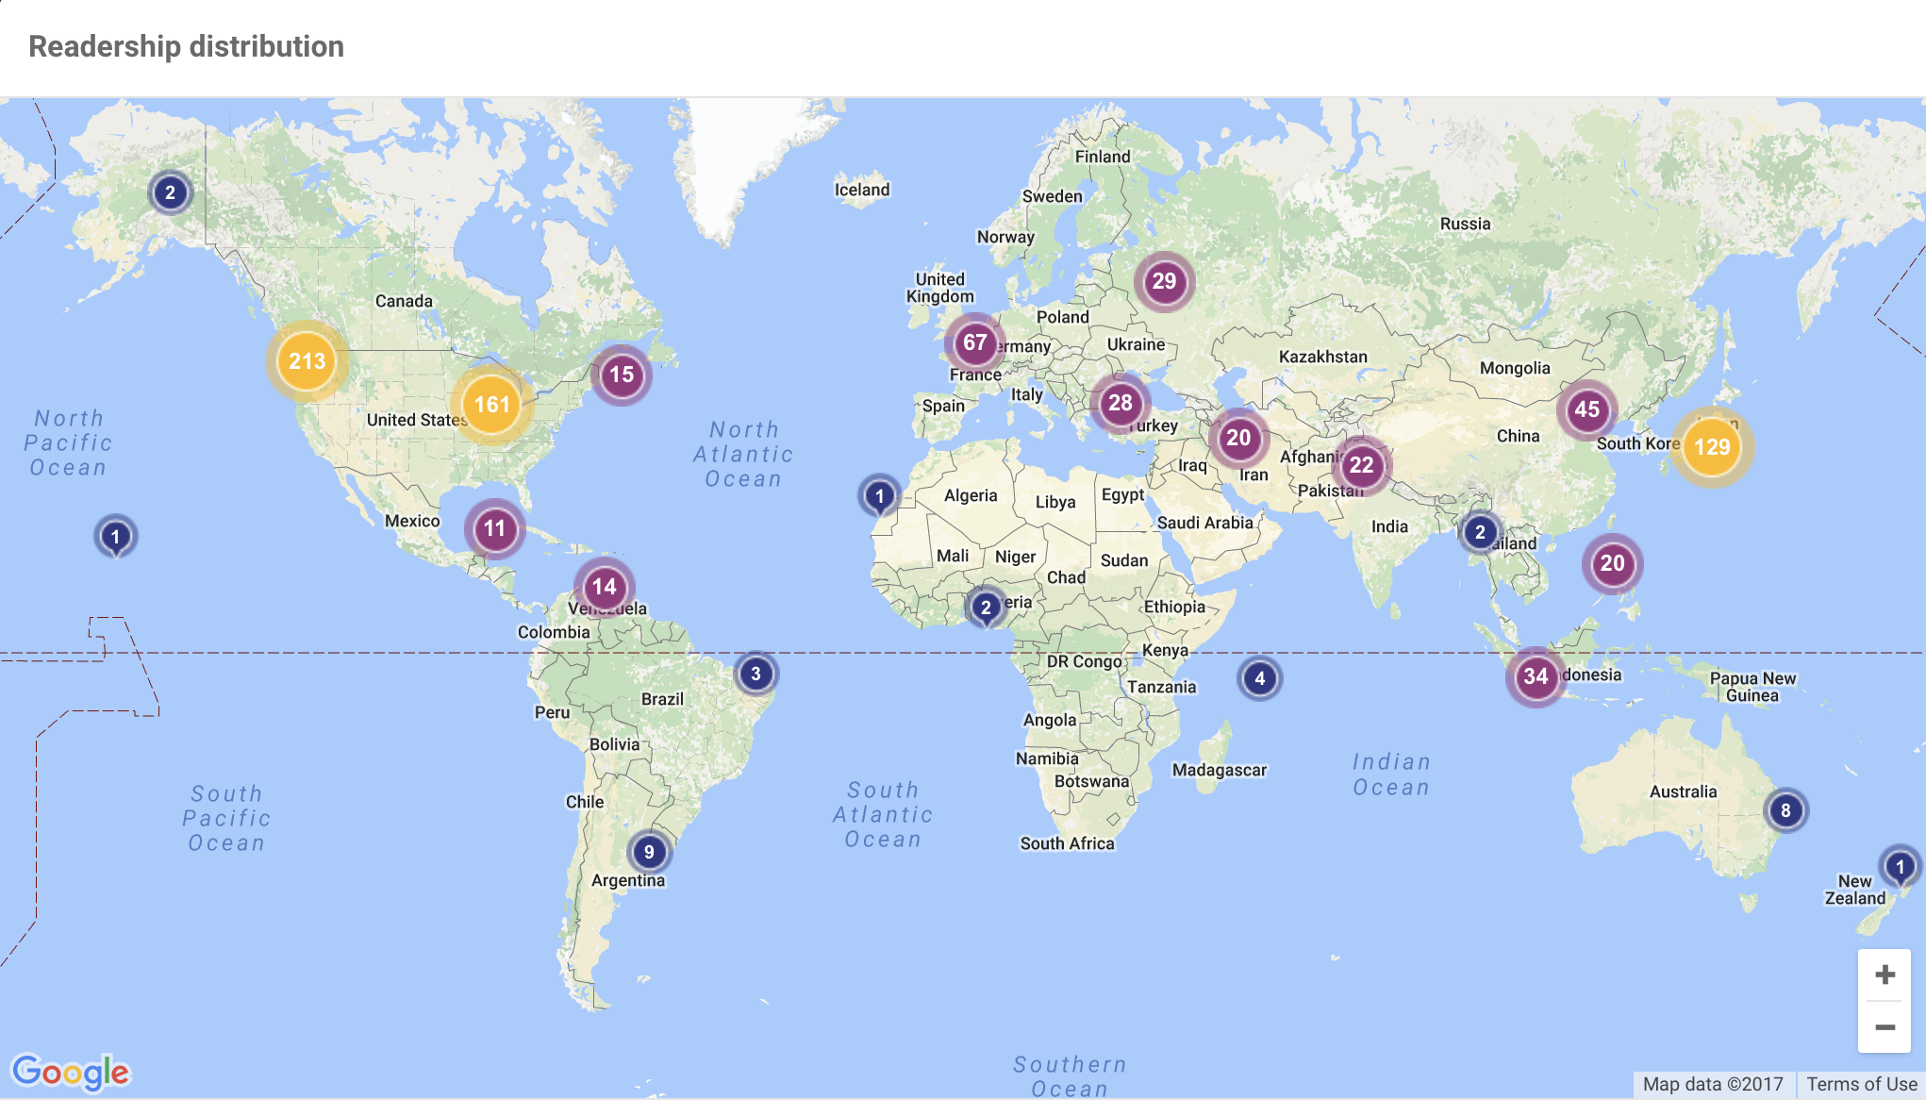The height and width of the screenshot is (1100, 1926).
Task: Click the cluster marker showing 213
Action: point(307,361)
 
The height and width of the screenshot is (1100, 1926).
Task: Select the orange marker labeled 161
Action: point(491,405)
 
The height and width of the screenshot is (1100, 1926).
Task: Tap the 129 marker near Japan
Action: point(1712,447)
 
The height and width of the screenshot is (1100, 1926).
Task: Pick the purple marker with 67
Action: point(975,342)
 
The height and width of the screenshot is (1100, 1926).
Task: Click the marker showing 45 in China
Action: point(1586,409)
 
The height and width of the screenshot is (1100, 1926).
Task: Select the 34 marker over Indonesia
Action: point(1536,675)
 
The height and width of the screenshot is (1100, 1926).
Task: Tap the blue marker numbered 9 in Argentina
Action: point(649,852)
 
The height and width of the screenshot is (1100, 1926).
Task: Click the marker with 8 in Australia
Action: point(1785,810)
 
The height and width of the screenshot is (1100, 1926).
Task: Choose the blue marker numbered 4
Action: point(1260,678)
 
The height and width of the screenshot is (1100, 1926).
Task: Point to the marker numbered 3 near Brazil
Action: point(755,674)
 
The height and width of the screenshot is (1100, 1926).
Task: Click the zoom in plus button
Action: point(1884,975)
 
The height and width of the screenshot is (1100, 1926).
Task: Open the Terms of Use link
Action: point(1862,1084)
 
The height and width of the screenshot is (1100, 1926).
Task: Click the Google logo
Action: point(71,1072)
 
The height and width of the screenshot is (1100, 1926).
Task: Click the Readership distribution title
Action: point(186,46)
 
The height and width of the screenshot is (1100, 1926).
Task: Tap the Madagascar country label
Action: point(1219,770)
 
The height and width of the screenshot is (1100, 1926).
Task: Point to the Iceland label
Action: point(861,190)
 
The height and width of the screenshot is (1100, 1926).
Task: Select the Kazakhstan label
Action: point(1322,357)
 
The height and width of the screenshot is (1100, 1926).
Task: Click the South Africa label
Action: point(1067,843)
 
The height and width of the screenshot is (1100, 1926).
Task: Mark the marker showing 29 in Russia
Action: point(1164,281)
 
